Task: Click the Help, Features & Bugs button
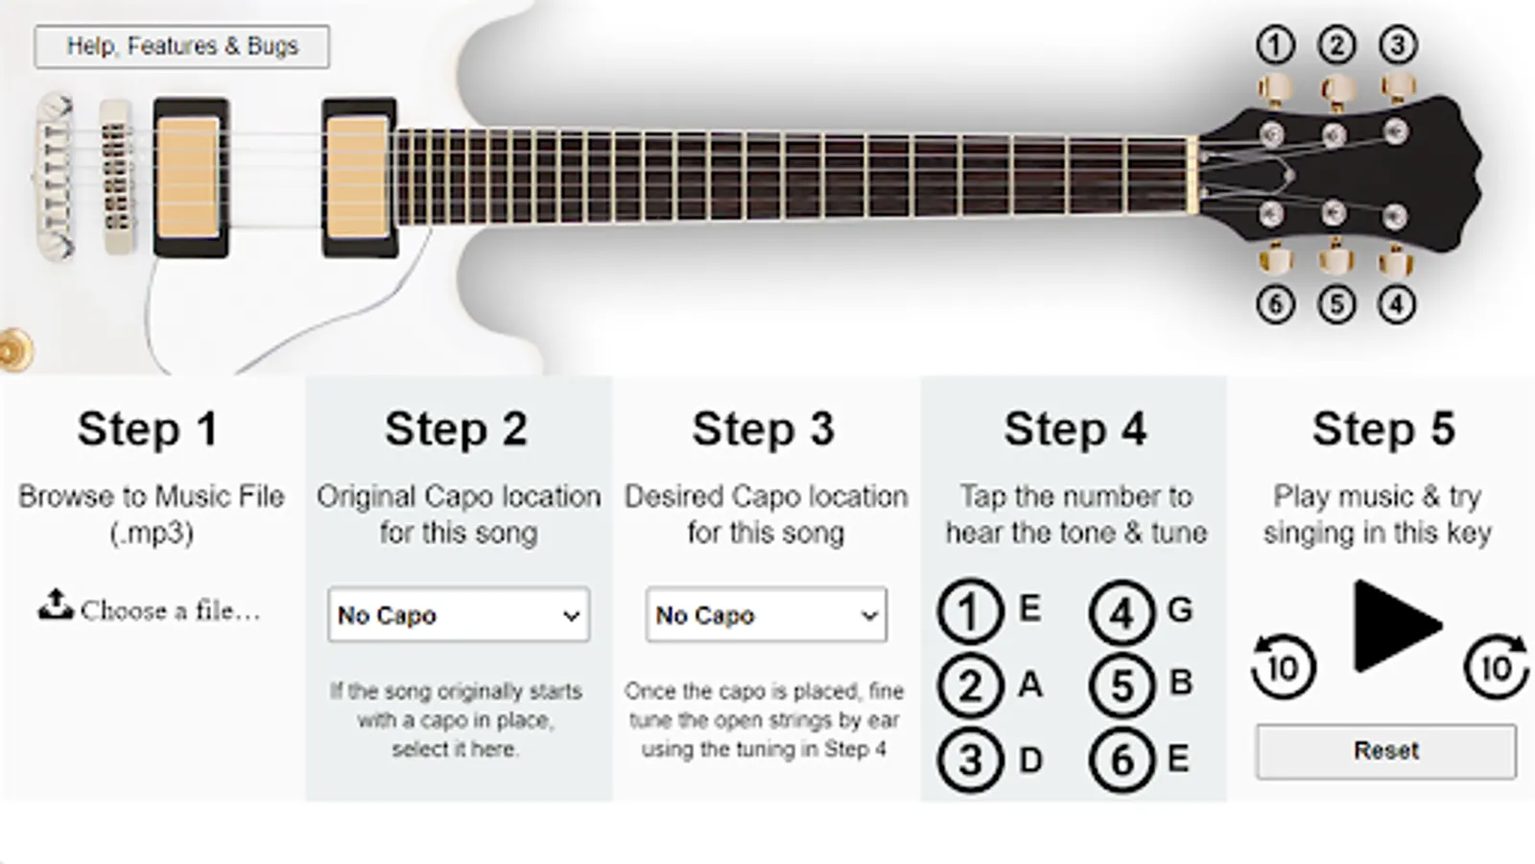click(x=181, y=47)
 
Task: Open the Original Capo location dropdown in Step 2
click(x=459, y=614)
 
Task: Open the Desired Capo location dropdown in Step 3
click(x=767, y=614)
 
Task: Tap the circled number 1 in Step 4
click(x=970, y=611)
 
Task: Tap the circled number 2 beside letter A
click(x=970, y=685)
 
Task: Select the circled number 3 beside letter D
click(x=970, y=760)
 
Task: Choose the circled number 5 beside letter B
click(x=1122, y=685)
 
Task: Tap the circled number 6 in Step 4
click(x=1122, y=760)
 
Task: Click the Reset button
click(x=1385, y=751)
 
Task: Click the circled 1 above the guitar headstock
click(x=1275, y=45)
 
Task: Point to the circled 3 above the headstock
click(x=1398, y=45)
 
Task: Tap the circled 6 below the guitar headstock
click(x=1275, y=304)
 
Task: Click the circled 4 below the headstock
click(x=1397, y=304)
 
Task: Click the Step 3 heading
click(x=764, y=429)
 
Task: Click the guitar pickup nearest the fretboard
click(x=359, y=178)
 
